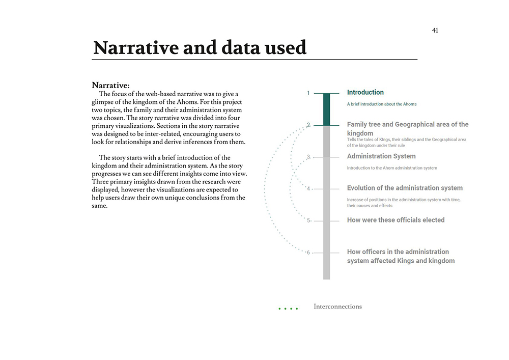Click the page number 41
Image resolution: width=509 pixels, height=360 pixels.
pyautogui.click(x=435, y=31)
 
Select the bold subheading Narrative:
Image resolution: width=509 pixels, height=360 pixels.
pyautogui.click(x=111, y=85)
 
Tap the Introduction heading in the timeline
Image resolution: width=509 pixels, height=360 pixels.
pyautogui.click(x=365, y=92)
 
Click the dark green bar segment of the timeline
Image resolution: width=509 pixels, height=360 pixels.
pyautogui.click(x=326, y=109)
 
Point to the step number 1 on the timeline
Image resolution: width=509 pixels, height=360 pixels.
pyautogui.click(x=308, y=93)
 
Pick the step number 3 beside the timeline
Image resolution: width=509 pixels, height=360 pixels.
pyautogui.click(x=308, y=157)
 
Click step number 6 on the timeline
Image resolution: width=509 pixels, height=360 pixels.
pyautogui.click(x=308, y=253)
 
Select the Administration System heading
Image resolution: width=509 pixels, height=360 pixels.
pyautogui.click(x=381, y=156)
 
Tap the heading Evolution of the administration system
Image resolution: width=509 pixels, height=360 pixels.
pyautogui.click(x=405, y=188)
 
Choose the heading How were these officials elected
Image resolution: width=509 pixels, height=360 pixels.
pyautogui.click(x=395, y=220)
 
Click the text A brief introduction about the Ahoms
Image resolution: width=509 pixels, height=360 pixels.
pyautogui.click(x=381, y=104)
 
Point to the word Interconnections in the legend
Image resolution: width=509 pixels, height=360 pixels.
pyautogui.click(x=337, y=307)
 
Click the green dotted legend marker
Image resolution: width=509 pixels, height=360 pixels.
pyautogui.click(x=288, y=309)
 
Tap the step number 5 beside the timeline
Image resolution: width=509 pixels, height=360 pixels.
pyautogui.click(x=308, y=220)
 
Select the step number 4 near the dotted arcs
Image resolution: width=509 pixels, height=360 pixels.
pyautogui.click(x=308, y=189)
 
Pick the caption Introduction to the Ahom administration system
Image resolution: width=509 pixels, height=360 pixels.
pyautogui.click(x=391, y=168)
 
